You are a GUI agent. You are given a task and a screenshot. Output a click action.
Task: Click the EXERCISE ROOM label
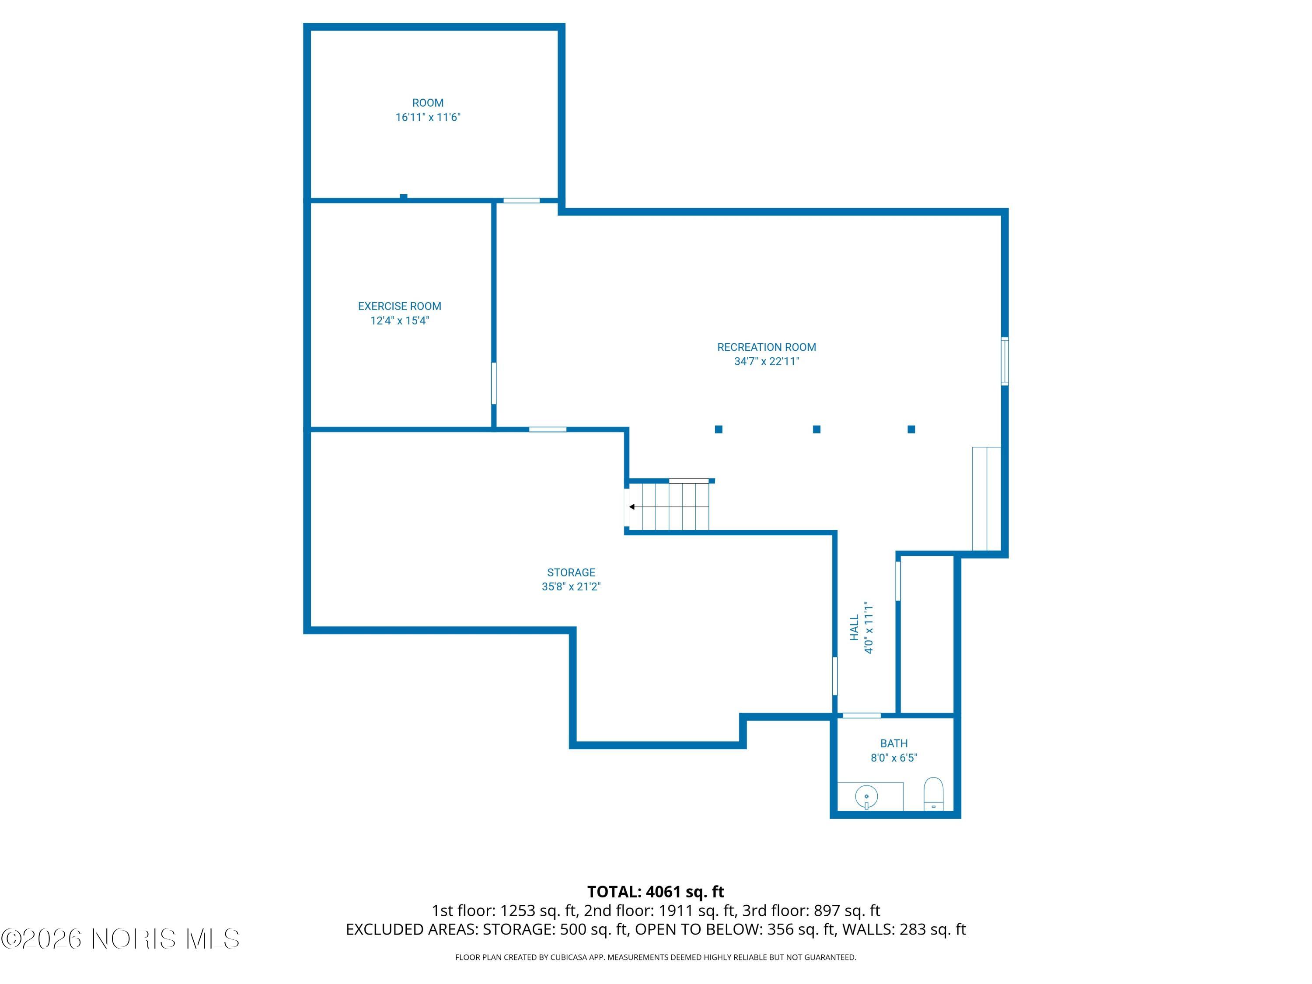click(x=399, y=306)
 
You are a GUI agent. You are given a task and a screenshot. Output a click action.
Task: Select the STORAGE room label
click(x=571, y=572)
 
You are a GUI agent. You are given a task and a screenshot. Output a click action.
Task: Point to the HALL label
click(x=854, y=628)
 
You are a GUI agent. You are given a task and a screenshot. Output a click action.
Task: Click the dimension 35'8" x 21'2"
click(x=571, y=586)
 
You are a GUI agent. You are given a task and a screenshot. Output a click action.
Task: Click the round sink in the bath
click(x=866, y=796)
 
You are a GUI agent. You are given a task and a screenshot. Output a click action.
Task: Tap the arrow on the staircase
click(x=632, y=506)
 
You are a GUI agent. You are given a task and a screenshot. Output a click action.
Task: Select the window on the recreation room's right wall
click(x=1004, y=361)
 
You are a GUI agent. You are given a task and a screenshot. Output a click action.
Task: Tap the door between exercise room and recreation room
click(x=493, y=383)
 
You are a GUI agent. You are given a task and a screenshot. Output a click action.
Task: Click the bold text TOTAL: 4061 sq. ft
click(x=656, y=891)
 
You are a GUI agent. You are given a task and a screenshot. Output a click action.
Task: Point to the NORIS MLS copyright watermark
click(x=120, y=939)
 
